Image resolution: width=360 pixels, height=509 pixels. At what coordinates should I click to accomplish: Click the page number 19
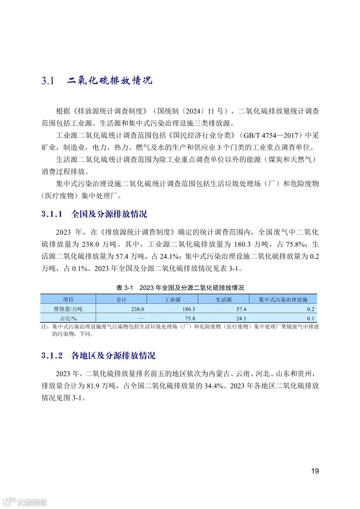pos(315,471)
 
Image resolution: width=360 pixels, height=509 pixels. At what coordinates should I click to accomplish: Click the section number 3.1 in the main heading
pos(48,81)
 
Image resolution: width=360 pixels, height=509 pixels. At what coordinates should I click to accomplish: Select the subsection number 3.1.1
pos(52,214)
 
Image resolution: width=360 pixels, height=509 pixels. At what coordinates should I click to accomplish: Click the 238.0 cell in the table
pos(137,309)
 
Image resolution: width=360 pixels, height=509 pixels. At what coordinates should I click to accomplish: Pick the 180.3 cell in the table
pos(188,309)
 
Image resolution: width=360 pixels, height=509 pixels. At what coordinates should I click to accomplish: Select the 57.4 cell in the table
pos(241,309)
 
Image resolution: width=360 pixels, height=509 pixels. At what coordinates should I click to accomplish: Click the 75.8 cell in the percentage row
pos(190,318)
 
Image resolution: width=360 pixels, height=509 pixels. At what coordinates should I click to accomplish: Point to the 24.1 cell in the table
pos(241,318)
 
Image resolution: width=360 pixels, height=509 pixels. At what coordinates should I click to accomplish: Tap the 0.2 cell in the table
pos(311,309)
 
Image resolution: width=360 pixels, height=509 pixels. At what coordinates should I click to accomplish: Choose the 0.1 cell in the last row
pos(311,318)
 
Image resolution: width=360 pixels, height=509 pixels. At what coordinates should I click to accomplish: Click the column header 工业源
pos(172,299)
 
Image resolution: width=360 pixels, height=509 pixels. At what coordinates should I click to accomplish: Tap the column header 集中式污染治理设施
pos(283,299)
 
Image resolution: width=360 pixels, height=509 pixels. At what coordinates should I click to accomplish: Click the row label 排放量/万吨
pos(68,309)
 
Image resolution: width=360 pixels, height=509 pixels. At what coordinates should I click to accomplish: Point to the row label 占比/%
pos(68,318)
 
